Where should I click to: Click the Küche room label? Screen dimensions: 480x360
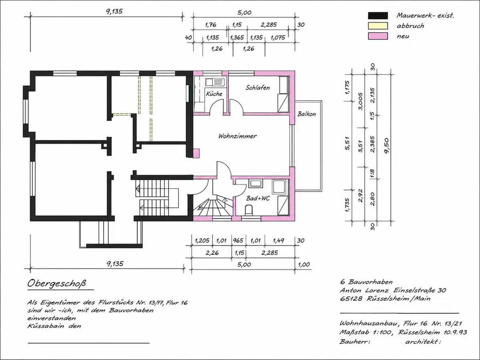tap(214, 94)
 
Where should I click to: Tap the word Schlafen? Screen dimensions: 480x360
tap(258, 88)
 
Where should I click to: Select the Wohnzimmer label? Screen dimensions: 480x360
tap(238, 136)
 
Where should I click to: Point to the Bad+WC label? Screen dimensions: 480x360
tap(258, 198)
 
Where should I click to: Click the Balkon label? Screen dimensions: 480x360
tap(306, 114)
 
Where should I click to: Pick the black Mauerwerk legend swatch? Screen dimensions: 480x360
tap(378, 16)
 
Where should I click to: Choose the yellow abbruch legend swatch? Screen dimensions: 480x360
tap(378, 26)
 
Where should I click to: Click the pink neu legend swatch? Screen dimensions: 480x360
tap(378, 36)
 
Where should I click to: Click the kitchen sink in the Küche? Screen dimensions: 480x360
tap(215, 82)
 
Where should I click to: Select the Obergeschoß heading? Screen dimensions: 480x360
tap(57, 284)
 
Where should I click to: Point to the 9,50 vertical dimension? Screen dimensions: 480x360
tap(386, 146)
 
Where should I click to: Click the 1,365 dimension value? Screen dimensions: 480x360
tap(237, 38)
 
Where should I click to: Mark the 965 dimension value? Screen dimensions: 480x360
tap(238, 241)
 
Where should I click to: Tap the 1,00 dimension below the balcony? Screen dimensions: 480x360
tap(304, 264)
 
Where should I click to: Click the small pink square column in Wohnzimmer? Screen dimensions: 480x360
tap(196, 153)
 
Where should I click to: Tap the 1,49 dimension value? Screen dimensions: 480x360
tap(278, 241)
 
